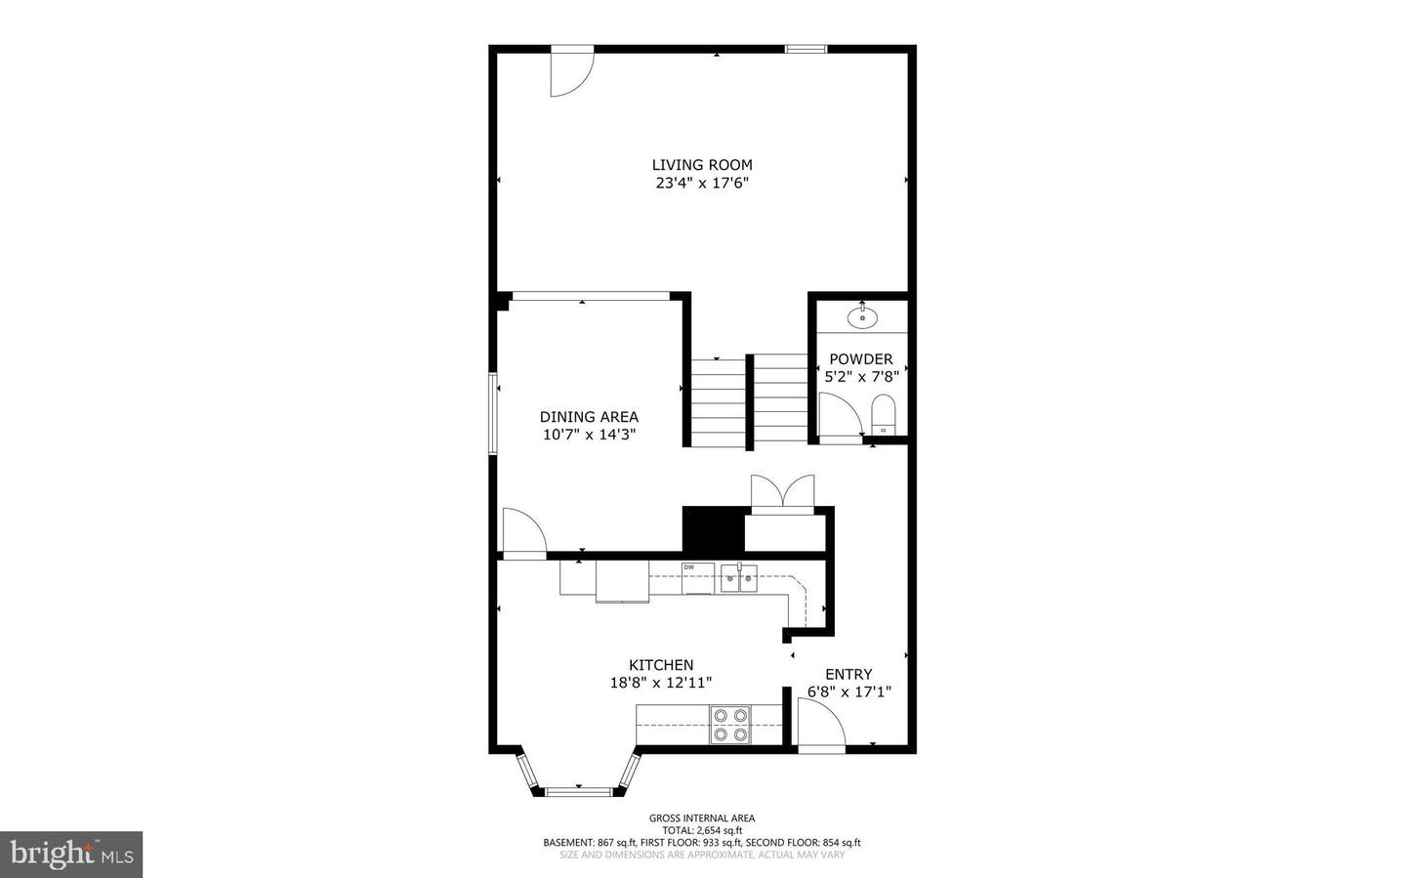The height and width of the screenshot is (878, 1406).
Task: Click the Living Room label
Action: (702, 165)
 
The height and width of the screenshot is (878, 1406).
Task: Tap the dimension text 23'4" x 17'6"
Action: (702, 184)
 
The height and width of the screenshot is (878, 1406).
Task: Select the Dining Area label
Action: (589, 416)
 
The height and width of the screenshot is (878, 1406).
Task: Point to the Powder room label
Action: (860, 359)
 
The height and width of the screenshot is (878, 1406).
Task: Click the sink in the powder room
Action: (862, 317)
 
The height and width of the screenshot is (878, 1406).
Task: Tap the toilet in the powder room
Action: (883, 414)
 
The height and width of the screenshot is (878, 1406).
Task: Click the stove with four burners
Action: (730, 724)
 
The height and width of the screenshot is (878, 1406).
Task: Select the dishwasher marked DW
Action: (698, 578)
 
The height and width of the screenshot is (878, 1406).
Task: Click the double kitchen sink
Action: (739, 578)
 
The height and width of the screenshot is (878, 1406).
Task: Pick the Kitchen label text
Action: (661, 664)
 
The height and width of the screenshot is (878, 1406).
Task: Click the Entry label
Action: (848, 675)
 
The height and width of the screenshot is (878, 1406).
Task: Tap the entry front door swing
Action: (822, 723)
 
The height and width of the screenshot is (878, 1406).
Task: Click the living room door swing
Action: (571, 74)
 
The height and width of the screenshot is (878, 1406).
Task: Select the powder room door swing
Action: (841, 413)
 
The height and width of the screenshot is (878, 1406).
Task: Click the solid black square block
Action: (713, 528)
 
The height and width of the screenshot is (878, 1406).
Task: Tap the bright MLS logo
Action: (71, 855)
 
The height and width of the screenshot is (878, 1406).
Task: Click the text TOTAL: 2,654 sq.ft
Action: (702, 830)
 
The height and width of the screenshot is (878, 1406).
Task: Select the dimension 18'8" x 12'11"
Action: (661, 683)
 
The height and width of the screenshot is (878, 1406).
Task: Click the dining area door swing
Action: (524, 531)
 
